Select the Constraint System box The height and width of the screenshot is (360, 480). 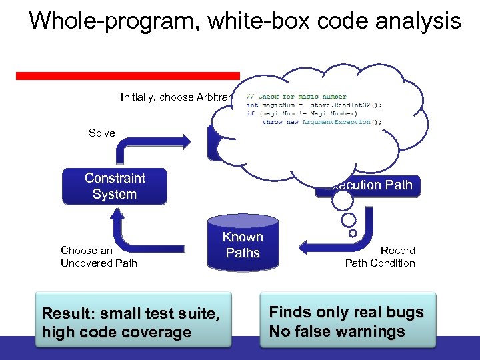[114, 187]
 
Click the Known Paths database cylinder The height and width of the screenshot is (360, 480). [243, 245]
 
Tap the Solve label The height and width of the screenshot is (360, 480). [102, 133]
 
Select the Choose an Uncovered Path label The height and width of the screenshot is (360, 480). [98, 257]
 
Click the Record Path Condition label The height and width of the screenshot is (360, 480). [380, 257]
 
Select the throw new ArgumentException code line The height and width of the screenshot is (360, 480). [322, 122]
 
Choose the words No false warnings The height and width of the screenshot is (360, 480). [337, 331]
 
